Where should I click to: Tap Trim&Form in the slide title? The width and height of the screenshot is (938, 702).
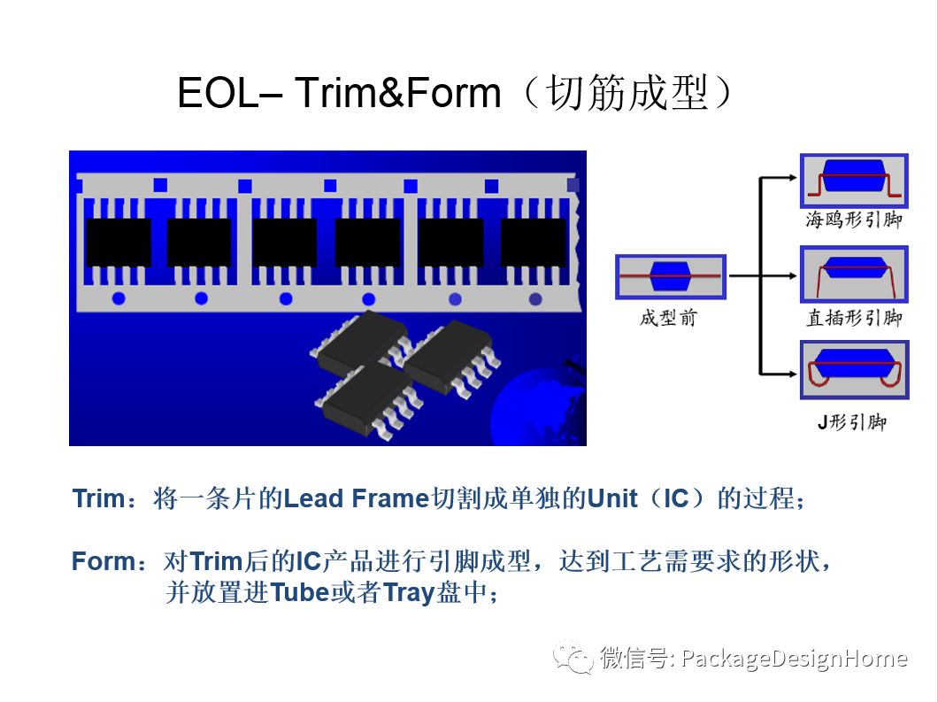click(x=397, y=93)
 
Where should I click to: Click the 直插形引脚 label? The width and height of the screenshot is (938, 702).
click(x=853, y=318)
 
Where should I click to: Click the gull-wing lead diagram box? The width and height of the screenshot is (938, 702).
click(x=854, y=181)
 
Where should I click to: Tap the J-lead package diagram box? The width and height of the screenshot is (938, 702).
click(x=854, y=374)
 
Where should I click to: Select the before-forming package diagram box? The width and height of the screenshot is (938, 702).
click(x=671, y=277)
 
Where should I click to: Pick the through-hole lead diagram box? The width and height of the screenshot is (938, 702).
click(x=854, y=276)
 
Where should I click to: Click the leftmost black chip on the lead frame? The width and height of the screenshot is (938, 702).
click(x=118, y=242)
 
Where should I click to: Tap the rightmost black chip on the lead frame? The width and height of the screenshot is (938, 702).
click(x=533, y=242)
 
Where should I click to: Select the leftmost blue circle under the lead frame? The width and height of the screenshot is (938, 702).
click(x=119, y=298)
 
